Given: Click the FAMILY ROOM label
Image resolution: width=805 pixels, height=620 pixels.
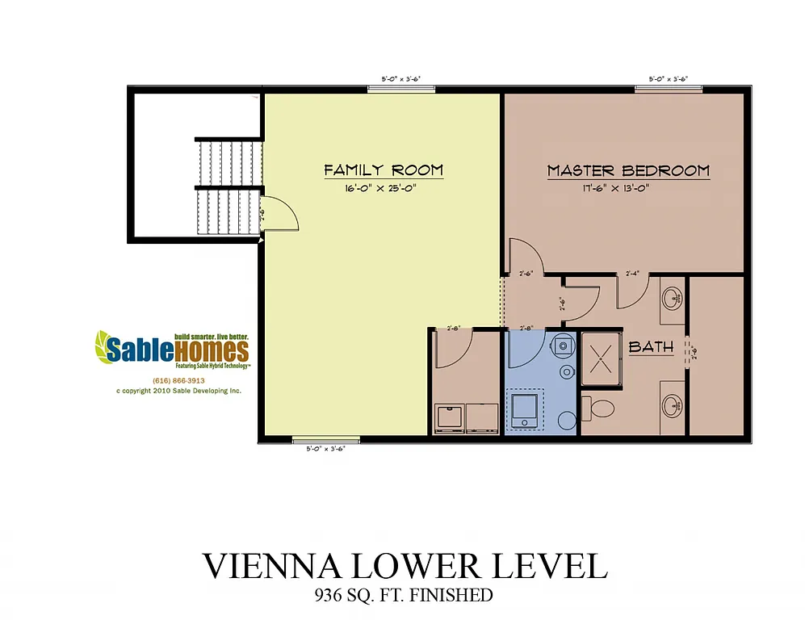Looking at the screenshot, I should click(x=384, y=170).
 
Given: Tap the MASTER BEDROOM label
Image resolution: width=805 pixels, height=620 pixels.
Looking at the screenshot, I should click(x=628, y=171).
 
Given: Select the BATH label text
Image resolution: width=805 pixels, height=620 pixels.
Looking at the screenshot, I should click(x=651, y=347).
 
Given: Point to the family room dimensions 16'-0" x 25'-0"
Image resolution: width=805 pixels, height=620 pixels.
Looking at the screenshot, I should click(x=384, y=188).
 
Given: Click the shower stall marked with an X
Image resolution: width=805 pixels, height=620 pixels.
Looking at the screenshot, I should click(x=602, y=352).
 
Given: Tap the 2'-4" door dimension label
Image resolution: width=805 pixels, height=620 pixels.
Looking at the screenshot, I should click(x=632, y=274).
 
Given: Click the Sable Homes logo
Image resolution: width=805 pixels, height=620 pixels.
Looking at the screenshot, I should click(x=172, y=349).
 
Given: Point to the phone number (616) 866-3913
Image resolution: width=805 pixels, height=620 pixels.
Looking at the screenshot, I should click(x=178, y=380).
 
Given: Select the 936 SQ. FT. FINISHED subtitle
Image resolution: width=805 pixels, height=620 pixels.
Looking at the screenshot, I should click(x=404, y=597).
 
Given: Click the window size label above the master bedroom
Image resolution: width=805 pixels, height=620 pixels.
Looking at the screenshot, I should click(x=668, y=79).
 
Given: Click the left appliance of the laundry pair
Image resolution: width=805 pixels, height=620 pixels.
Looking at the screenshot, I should click(x=448, y=417).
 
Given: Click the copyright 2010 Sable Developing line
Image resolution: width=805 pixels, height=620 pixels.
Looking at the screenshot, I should click(x=178, y=391).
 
